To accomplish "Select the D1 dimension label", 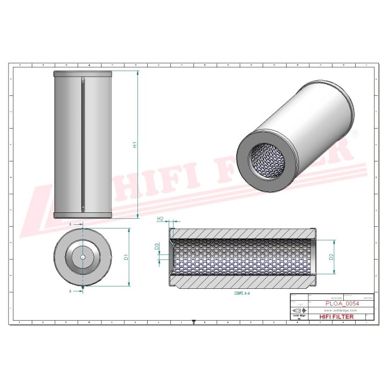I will (x=126, y=257).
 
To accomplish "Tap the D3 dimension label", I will (x=157, y=247).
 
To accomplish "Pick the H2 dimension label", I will (x=160, y=219).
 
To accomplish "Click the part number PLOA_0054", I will (x=342, y=303).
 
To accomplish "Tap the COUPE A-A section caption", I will (x=244, y=294).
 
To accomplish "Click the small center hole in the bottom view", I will (x=82, y=257).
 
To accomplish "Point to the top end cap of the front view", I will (x=82, y=73).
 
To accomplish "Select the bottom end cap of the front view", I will (x=82, y=215).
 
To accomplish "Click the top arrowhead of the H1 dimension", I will (x=139, y=73).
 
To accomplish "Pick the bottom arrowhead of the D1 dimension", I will (x=129, y=284).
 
